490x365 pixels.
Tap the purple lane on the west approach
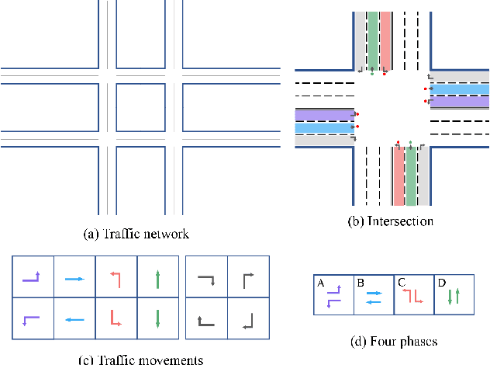(x=323, y=115)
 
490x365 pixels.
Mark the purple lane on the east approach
(x=460, y=102)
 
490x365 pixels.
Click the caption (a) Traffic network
(x=136, y=233)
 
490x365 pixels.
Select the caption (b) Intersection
(x=390, y=221)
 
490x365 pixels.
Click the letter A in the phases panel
(x=319, y=283)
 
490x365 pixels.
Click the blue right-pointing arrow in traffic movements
(x=74, y=277)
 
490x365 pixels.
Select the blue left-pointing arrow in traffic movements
(x=74, y=318)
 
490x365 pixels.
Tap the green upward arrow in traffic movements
(x=158, y=278)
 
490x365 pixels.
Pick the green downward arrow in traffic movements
(x=158, y=318)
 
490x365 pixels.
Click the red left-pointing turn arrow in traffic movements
(x=116, y=277)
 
